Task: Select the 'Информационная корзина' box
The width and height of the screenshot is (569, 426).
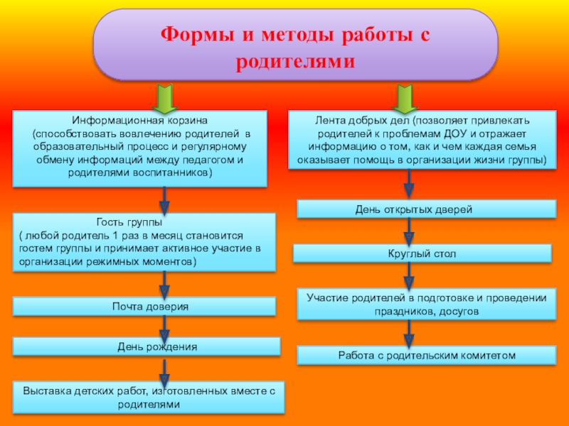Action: pos(140,148)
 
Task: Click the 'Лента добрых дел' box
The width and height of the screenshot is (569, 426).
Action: pos(422,140)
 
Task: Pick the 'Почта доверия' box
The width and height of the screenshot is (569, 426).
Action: pos(144,307)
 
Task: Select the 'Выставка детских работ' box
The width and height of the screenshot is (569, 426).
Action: pos(149,397)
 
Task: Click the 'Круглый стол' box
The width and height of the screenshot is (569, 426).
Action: pos(422,253)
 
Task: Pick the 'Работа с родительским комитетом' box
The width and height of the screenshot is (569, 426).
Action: pos(426,355)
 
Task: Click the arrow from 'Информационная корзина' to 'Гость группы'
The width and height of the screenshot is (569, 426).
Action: pos(165,200)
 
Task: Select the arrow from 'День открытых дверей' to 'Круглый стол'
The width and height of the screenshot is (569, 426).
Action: pos(409,231)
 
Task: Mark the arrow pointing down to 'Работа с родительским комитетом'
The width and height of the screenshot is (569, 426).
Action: pos(409,332)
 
